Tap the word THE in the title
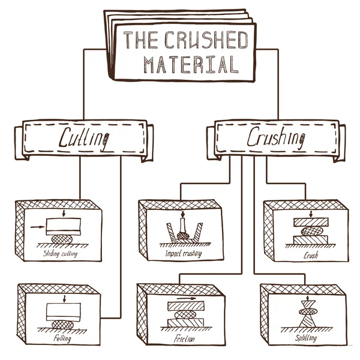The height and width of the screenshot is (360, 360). [140, 40]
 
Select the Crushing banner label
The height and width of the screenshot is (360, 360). [275, 138]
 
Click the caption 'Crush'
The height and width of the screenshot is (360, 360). [310, 254]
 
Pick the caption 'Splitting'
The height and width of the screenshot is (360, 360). [307, 338]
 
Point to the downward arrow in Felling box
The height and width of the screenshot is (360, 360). [63, 298]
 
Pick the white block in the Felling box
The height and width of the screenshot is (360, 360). [62, 311]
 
